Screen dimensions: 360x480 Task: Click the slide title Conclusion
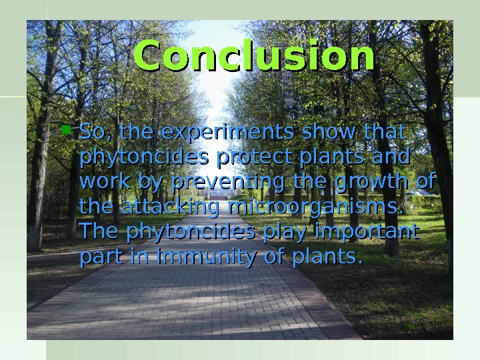click(254, 57)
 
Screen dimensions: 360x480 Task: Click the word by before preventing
click(151, 182)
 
